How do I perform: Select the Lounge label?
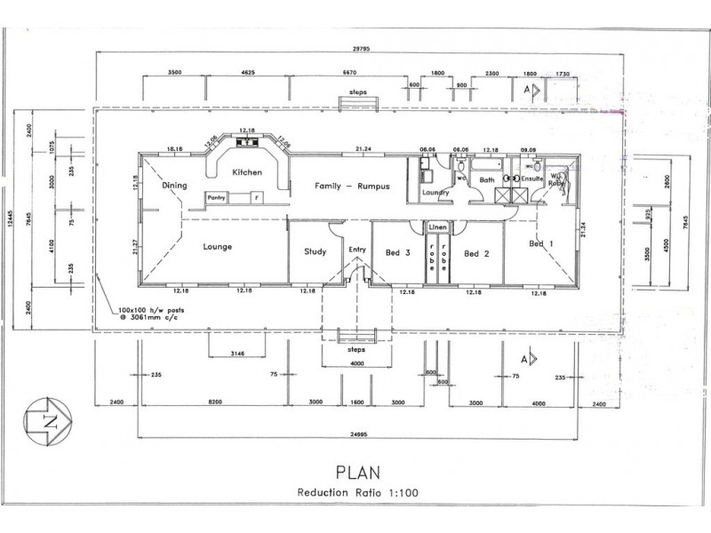coord(217,246)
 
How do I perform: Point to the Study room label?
coord(316,251)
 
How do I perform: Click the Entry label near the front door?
coord(357,250)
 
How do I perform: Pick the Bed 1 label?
coord(542,243)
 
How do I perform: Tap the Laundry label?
coord(435,192)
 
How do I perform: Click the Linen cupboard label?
coord(439,227)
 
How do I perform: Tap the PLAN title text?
coord(356,470)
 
